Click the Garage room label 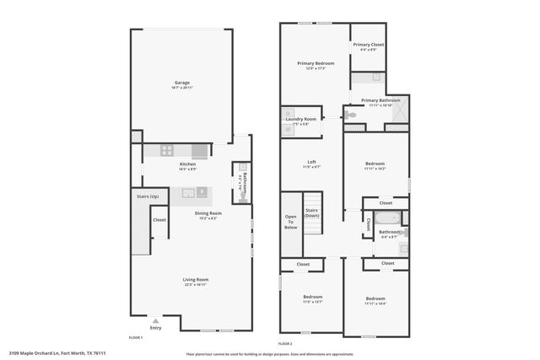[182, 83]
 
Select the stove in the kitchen [167, 151]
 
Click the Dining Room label [208, 214]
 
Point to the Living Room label [196, 281]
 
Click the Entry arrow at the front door [155, 321]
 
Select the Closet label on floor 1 [159, 220]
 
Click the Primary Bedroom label [316, 64]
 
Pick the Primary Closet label [368, 46]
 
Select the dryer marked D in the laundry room [289, 113]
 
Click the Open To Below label [291, 222]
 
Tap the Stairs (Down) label [312, 212]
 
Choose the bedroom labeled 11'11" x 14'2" [375, 164]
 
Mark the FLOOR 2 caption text [285, 343]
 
